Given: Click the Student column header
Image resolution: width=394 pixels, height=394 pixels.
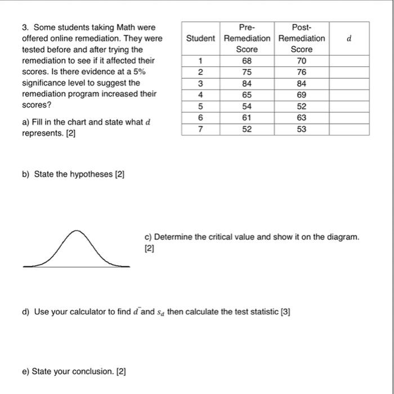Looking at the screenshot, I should [x=200, y=38].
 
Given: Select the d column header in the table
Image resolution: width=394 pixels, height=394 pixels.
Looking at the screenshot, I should [x=349, y=38].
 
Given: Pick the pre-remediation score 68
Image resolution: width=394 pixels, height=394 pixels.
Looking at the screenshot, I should [x=247, y=60].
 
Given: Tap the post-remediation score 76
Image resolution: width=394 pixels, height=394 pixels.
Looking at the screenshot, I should [x=301, y=71].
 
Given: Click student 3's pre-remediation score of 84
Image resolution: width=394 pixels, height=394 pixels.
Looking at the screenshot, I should [x=247, y=83].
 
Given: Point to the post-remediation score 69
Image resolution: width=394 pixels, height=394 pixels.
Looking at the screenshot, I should [x=301, y=95].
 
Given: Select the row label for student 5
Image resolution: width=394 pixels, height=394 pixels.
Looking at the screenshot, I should [x=200, y=106].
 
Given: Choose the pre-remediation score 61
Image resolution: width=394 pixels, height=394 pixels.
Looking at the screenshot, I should [x=247, y=118].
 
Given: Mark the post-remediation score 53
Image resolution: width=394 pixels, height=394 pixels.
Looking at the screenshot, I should [x=301, y=129].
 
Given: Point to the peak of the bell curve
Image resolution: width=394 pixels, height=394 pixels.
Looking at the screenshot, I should [x=78, y=231].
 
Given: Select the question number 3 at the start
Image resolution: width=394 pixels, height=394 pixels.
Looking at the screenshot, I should [x=24, y=27].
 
